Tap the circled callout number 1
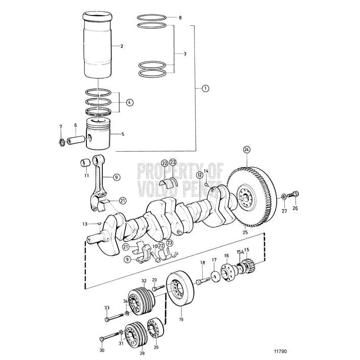pyautogui.click(x=205, y=88)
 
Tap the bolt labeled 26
pyautogui.click(x=294, y=195)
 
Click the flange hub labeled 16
pyautogui.click(x=225, y=272)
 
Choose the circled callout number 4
pyautogui.click(x=129, y=102)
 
